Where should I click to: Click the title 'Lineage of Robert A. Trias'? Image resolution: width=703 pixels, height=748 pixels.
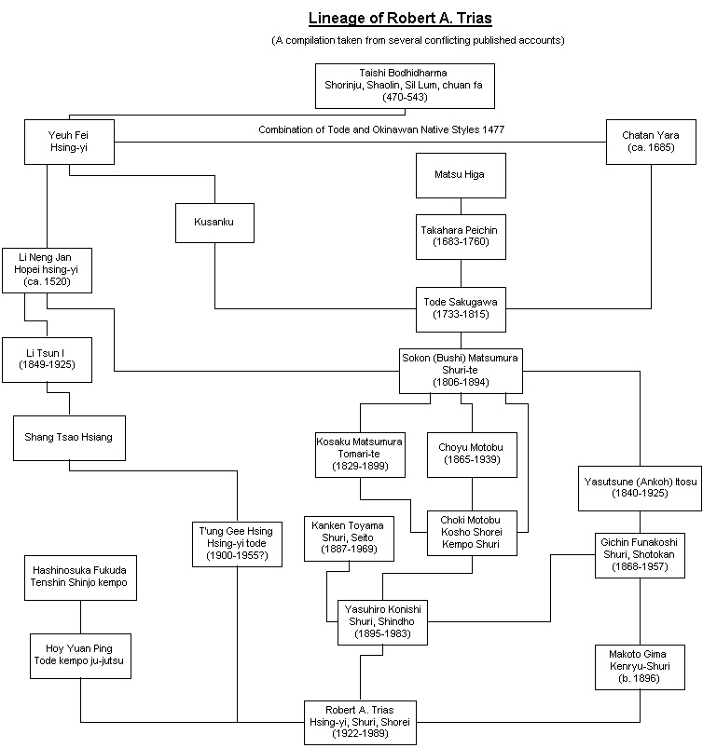(400, 18)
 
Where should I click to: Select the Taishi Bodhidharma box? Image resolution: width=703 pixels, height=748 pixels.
(405, 86)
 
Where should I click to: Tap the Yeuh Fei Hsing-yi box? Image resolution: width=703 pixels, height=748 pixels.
(69, 142)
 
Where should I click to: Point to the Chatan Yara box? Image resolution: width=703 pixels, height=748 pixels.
(651, 142)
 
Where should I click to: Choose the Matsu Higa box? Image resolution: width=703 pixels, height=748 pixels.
(461, 175)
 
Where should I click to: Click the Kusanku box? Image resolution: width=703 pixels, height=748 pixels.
(214, 223)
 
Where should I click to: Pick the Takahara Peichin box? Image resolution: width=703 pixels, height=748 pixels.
(461, 237)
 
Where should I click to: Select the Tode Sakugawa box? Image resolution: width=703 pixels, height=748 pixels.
(461, 309)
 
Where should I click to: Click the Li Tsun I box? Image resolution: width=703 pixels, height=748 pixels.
(47, 360)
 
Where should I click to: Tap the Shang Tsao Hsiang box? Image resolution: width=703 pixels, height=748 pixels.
(69, 438)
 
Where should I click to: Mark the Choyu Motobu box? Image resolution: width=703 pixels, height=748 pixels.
(472, 455)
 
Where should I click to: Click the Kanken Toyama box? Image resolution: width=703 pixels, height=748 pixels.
(349, 538)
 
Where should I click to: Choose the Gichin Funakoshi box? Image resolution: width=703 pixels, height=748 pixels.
(640, 555)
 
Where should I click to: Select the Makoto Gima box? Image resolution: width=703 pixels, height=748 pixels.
(640, 667)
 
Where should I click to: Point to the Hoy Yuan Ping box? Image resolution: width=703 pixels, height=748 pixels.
(80, 656)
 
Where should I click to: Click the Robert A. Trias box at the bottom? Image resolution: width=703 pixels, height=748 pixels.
(360, 723)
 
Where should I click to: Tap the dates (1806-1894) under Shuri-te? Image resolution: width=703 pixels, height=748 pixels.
(461, 382)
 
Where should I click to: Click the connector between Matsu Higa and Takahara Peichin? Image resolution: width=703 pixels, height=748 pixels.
(461, 206)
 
